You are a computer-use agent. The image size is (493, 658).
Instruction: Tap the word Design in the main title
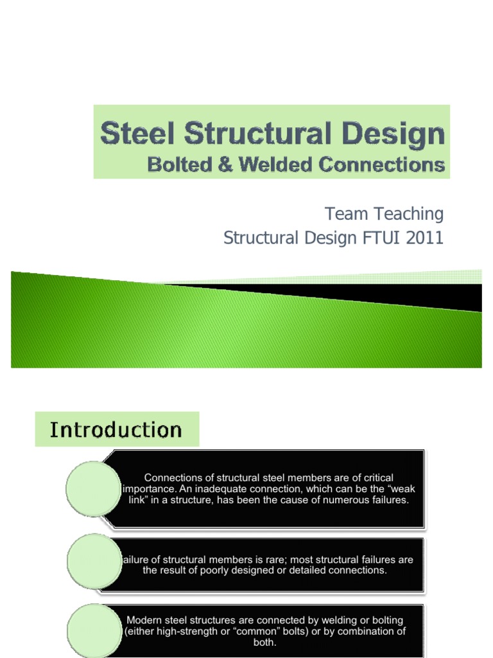point(394,135)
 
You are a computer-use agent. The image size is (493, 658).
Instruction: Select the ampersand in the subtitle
point(225,164)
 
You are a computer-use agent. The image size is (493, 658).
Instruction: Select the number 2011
point(419,238)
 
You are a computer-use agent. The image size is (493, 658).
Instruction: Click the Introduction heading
point(116,429)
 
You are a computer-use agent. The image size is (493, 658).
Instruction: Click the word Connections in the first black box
point(171,477)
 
